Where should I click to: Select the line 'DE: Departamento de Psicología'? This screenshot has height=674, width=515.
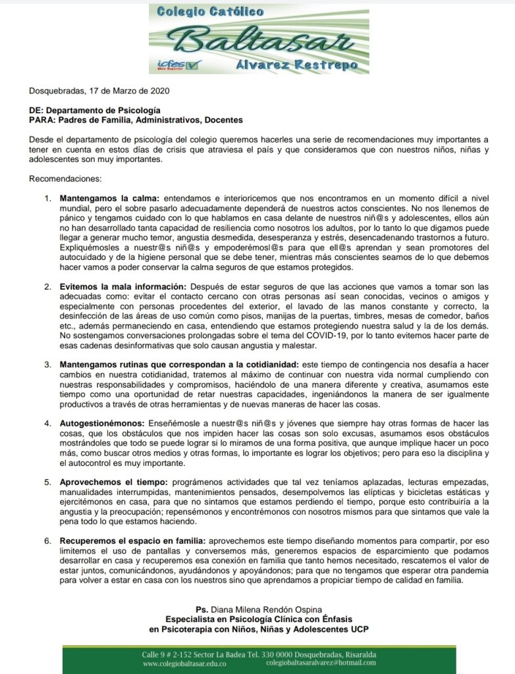[95, 111]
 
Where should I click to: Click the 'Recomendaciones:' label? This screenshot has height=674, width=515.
[63, 178]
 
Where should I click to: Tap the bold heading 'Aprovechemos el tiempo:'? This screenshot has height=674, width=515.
[113, 482]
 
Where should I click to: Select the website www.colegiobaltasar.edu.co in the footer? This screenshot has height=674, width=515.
[186, 665]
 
